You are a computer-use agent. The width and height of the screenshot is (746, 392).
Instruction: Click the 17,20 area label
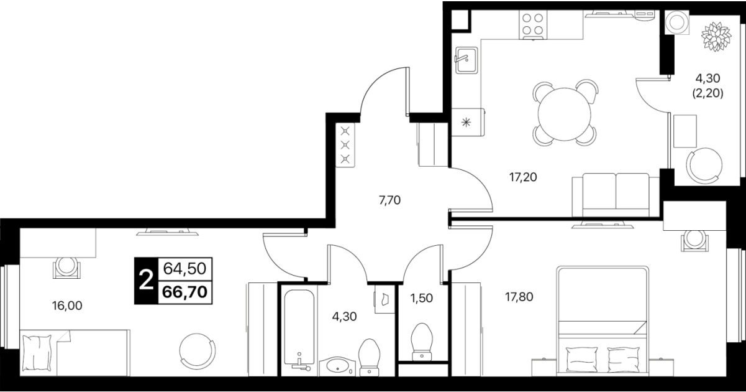(523, 177)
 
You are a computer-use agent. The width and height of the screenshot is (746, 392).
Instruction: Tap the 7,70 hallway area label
(389, 200)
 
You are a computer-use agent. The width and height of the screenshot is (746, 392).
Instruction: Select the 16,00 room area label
(67, 306)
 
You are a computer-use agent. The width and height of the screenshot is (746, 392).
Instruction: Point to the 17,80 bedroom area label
(519, 297)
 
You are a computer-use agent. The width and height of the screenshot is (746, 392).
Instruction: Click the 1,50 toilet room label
(422, 298)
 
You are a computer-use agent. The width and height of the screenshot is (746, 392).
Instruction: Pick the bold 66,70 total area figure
(185, 292)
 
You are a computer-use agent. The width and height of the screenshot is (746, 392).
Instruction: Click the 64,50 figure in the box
(185, 269)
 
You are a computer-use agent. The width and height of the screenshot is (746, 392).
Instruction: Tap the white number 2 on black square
(146, 281)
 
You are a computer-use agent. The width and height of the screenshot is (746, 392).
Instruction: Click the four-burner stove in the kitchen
(533, 25)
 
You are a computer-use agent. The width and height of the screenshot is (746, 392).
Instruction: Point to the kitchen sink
(466, 60)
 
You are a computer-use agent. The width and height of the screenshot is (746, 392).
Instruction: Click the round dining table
(564, 114)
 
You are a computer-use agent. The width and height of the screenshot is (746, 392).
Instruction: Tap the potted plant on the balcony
(716, 37)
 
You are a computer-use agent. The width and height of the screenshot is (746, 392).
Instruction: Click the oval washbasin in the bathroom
(337, 366)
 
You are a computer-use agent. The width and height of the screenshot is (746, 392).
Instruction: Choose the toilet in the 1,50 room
(422, 342)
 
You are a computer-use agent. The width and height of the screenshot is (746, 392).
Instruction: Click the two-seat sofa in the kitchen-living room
(616, 195)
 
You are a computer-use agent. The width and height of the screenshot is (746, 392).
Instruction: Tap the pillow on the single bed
(37, 353)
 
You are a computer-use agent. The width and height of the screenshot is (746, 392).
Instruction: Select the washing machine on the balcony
(676, 22)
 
